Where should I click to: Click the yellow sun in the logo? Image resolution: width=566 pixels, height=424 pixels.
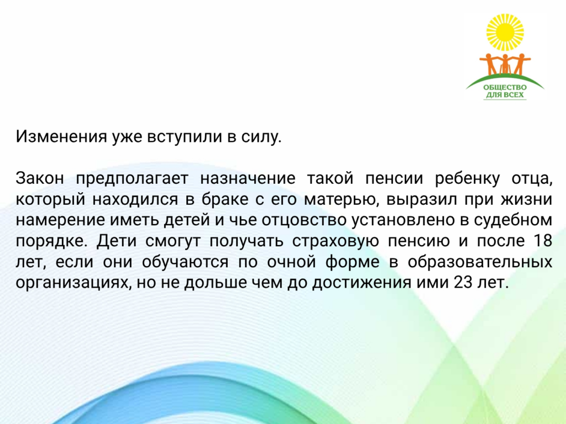point(505,32)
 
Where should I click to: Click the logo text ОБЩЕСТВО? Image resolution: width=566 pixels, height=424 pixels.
point(505,87)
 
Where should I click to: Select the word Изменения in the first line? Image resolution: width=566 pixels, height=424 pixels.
point(61,136)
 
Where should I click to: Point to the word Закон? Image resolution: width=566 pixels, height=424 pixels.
point(40,178)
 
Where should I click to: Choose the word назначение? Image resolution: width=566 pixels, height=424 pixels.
point(248,178)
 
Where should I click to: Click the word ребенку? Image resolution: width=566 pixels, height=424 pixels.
point(467,178)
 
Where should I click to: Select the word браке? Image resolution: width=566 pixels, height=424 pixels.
point(224,199)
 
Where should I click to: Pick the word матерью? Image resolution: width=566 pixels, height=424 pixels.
point(340,199)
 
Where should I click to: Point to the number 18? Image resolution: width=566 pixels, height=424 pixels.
point(543,241)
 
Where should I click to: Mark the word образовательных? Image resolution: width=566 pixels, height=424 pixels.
point(480,262)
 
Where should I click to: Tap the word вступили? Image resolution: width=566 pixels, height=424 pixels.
point(185,137)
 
